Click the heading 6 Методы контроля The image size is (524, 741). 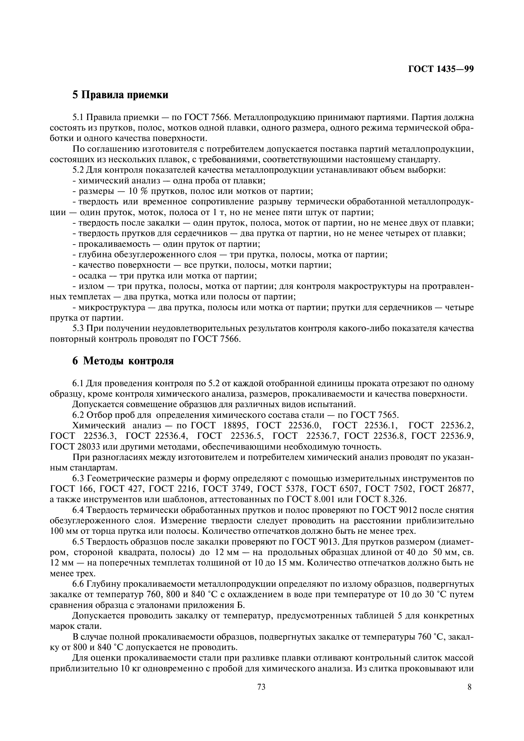[x=123, y=361]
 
